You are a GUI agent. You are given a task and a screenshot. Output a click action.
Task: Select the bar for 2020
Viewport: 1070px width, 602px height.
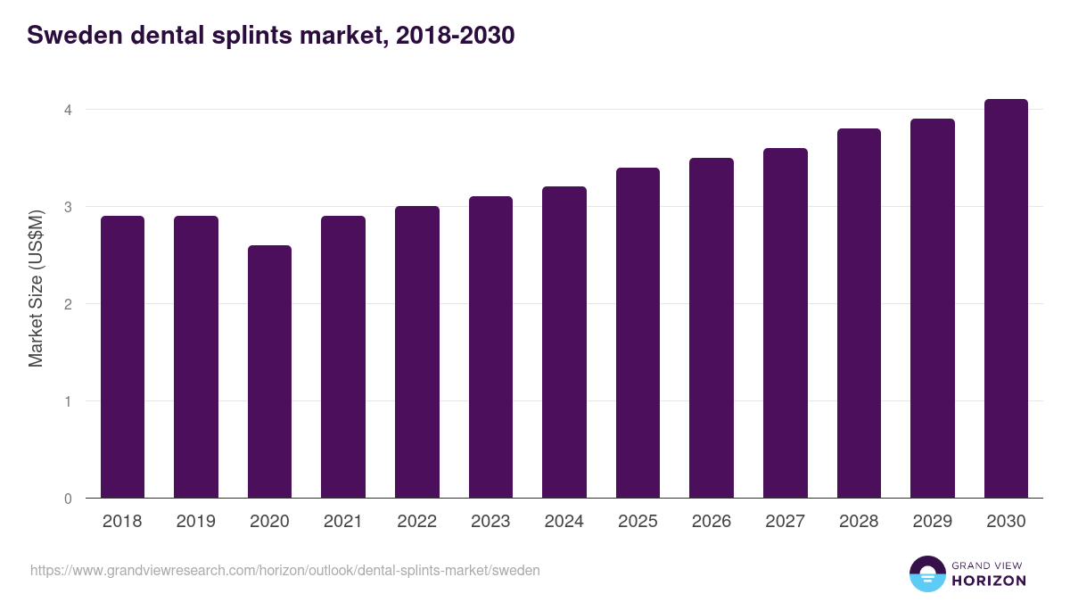coord(269,372)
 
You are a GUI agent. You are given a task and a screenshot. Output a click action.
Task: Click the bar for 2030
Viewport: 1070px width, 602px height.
coord(1006,299)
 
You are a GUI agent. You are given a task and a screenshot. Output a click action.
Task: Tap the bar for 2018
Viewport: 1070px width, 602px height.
coord(122,357)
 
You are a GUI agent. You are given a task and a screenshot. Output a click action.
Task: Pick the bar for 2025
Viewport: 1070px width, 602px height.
coord(638,333)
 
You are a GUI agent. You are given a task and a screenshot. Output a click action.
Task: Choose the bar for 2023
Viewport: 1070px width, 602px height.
coord(490,347)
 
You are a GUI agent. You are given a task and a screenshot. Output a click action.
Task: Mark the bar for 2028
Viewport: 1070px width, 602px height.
coord(859,313)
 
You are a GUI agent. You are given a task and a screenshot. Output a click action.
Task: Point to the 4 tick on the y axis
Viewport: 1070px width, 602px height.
coord(67,110)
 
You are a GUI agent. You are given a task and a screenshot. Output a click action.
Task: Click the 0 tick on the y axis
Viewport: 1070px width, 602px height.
coord(67,499)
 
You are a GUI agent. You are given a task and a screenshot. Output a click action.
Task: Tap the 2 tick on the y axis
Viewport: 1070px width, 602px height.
coord(67,304)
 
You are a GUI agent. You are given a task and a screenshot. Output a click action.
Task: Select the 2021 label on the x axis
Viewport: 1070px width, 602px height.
coord(343,522)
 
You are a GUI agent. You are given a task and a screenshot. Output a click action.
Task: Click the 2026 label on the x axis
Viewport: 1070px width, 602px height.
coord(712,522)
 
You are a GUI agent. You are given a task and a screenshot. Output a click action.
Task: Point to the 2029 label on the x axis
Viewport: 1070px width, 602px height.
coord(933,522)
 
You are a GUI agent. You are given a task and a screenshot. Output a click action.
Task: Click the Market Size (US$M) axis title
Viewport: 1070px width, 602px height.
coord(36,288)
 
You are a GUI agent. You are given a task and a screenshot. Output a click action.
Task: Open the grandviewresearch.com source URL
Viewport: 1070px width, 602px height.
coord(285,570)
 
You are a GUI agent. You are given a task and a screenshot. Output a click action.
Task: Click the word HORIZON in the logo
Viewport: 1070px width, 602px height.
coord(989,581)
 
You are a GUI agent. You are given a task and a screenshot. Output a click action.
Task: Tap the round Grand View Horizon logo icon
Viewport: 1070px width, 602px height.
coord(927,573)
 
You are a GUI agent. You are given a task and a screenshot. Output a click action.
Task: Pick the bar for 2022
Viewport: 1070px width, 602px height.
coord(417,352)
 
